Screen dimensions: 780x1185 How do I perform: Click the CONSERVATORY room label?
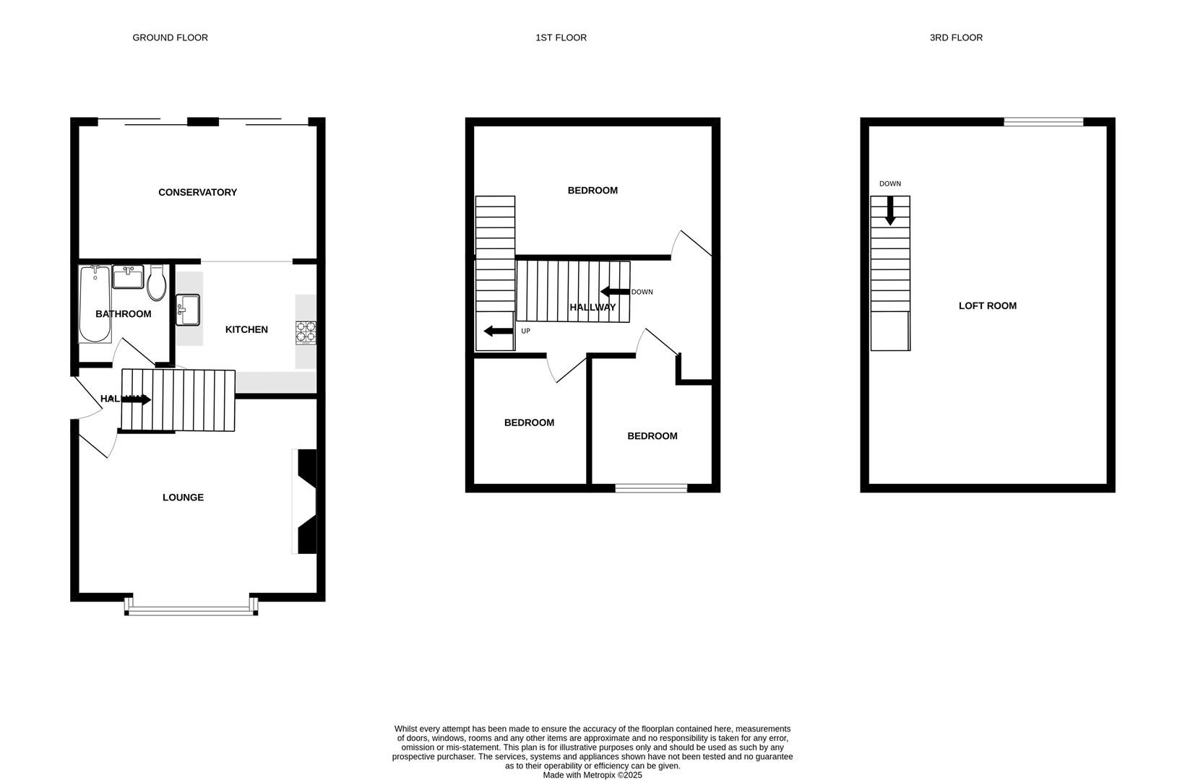coord(197,192)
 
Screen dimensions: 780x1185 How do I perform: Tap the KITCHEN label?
coord(246,329)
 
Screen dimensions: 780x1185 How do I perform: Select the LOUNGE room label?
coord(183,497)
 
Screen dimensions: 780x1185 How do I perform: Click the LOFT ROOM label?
coord(987,305)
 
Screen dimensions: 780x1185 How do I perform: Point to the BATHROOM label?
coord(123,313)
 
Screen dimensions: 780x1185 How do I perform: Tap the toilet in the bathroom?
coord(157,282)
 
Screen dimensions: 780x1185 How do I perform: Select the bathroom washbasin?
coord(129,276)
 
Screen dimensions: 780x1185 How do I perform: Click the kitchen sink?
coord(188,310)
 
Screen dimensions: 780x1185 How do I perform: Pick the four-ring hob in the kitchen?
coord(306,331)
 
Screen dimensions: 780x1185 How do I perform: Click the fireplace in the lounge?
coord(306,501)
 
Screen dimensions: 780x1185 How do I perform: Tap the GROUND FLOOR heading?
coord(170,38)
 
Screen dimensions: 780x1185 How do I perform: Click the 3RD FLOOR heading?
coord(955,38)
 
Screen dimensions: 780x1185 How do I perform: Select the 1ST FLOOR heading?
coord(561,38)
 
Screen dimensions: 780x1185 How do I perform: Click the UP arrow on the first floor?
coord(498,331)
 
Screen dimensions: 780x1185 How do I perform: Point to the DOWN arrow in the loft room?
coord(890,210)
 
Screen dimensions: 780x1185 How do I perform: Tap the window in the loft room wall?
coord(1043,122)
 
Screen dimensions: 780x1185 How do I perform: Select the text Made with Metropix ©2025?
coord(592,775)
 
